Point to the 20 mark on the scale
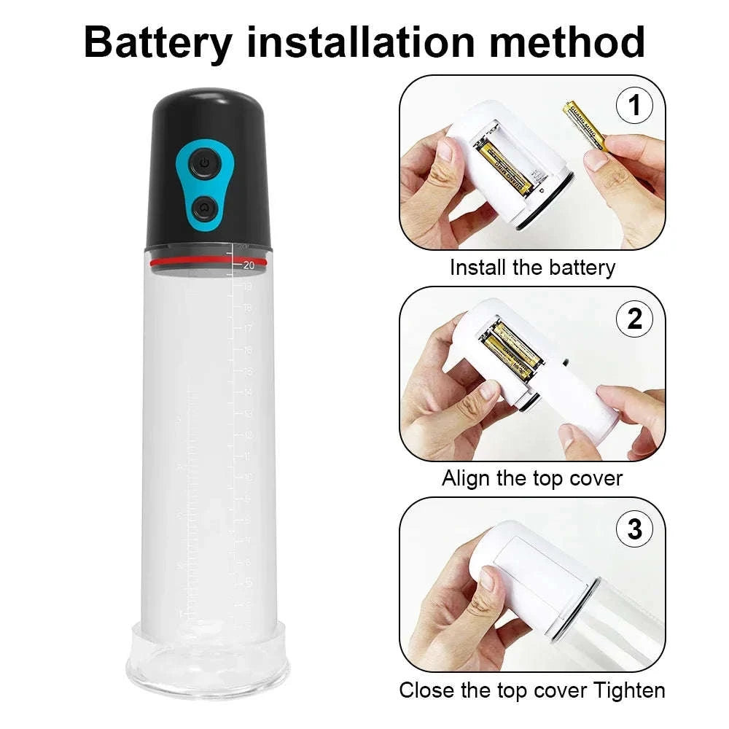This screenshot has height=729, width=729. (x=249, y=265)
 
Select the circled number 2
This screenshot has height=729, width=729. (x=634, y=319)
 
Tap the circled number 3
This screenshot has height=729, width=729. (x=634, y=529)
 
